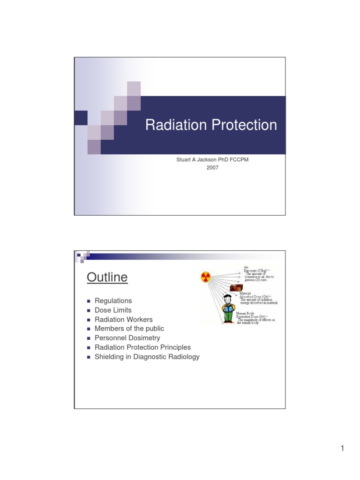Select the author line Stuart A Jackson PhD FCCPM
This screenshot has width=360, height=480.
212,160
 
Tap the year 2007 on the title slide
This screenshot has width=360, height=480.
212,168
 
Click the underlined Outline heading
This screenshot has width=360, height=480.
107,277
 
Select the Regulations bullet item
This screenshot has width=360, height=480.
113,301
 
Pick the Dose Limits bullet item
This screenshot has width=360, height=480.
113,310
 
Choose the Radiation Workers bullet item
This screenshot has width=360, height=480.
123,320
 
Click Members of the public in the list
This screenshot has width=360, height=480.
129,329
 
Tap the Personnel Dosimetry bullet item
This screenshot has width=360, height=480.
127,338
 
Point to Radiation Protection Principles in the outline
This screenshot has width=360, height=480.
142,347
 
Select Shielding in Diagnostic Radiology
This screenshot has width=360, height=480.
147,357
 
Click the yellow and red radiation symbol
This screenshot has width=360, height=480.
205,277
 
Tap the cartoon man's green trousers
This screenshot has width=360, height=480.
228,317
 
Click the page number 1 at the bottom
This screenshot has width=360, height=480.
343,449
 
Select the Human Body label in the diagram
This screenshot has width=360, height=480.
246,313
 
